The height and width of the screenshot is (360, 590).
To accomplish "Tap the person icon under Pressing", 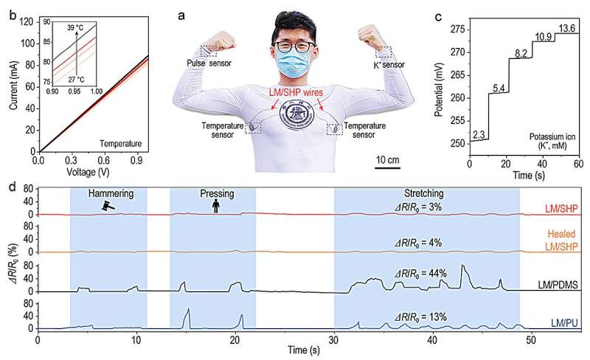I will click(x=215, y=207).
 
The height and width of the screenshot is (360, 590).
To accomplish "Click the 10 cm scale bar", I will click(x=389, y=167).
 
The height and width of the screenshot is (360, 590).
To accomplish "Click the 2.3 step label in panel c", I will click(x=479, y=133).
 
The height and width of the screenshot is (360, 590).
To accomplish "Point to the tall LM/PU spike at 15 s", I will click(x=189, y=310).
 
